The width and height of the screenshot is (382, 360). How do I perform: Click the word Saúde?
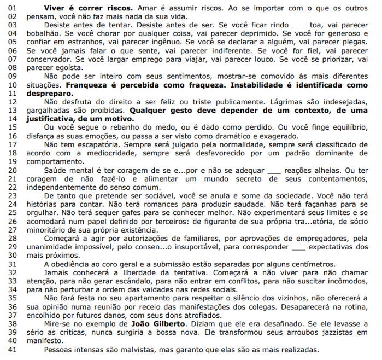coord(56,170)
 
